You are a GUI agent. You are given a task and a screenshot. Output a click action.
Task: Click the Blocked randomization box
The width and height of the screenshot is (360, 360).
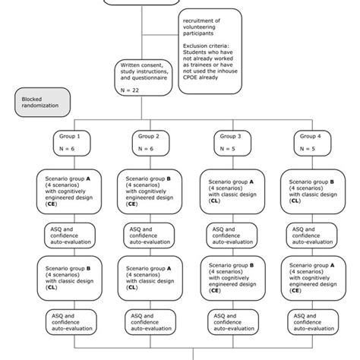click(x=42, y=100)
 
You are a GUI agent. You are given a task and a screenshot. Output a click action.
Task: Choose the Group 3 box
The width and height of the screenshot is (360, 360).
click(x=228, y=142)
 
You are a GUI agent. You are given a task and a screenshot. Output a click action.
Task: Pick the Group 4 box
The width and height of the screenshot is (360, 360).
click(x=308, y=142)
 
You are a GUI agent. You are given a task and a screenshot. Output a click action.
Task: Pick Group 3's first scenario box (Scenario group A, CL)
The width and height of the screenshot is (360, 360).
click(x=228, y=191)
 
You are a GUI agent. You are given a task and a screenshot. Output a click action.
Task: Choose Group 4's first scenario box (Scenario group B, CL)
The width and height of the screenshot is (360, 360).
click(x=308, y=191)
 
